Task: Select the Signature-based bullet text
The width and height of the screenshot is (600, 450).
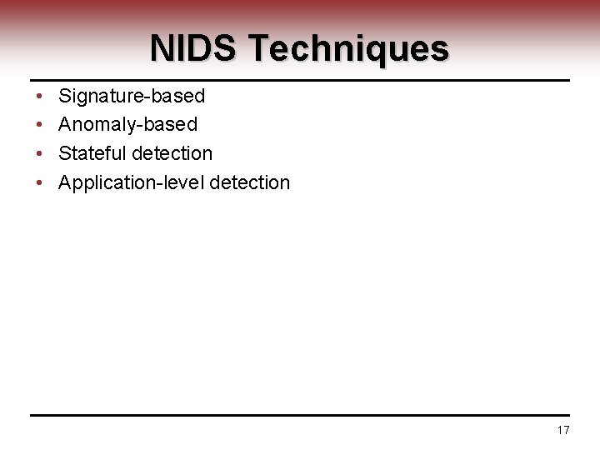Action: pos(132,97)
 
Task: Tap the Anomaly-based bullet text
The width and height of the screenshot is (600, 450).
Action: pos(127,125)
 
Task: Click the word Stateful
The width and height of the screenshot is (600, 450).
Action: pos(93,153)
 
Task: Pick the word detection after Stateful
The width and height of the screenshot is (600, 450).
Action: pos(172,153)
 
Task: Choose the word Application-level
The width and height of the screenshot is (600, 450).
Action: pos(131,182)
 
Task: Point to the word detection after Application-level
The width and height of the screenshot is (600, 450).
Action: pos(250,182)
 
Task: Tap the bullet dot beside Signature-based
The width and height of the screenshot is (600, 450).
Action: pos(40,97)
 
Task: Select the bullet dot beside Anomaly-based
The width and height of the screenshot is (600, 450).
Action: pos(40,125)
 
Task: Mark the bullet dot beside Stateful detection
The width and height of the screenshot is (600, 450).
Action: pos(40,153)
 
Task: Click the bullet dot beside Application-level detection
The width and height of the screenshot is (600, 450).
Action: pos(40,182)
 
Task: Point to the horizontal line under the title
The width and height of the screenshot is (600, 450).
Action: pos(300,81)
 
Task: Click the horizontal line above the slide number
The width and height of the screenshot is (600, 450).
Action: pos(300,415)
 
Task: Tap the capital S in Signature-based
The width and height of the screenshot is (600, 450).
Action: pos(65,97)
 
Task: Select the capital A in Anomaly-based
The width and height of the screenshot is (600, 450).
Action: pos(65,125)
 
